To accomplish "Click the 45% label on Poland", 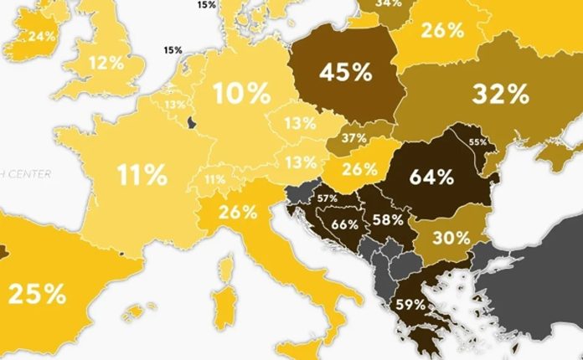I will point(345,73).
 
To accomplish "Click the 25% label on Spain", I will point(37,294).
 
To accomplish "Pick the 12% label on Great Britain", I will point(106,63).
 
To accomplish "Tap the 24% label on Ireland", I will point(41,36).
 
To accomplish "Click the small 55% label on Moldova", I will point(477,142).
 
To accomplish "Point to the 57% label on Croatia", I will point(327,198).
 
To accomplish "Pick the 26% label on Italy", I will point(238,212).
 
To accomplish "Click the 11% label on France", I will point(142,175).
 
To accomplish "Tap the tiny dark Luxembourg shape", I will point(192,124).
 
